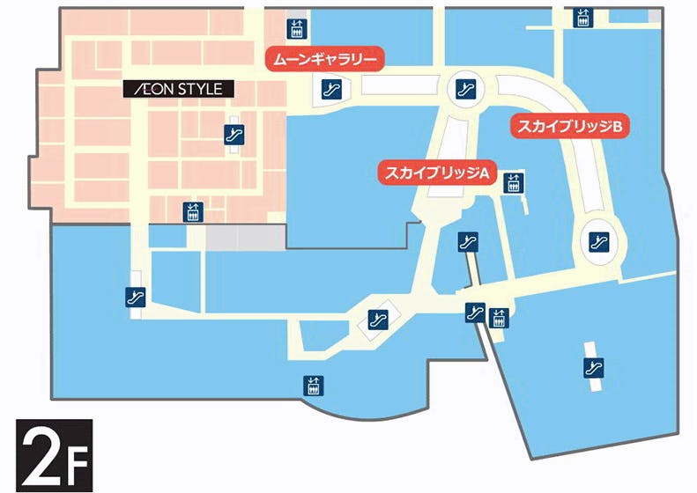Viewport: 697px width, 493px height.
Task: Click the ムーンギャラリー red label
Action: coord(325,60)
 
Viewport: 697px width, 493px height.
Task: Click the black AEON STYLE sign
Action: coord(180,89)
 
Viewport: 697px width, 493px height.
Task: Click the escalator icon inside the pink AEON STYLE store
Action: coord(233,134)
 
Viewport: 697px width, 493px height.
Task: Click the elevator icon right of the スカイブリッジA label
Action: coord(512,183)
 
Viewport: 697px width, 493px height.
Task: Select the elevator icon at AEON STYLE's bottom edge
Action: coord(192,211)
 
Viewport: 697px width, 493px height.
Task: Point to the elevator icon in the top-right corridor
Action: coord(582,18)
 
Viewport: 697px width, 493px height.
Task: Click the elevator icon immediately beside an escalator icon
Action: coord(498,317)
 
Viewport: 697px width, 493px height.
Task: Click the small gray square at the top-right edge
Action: coord(654,17)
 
